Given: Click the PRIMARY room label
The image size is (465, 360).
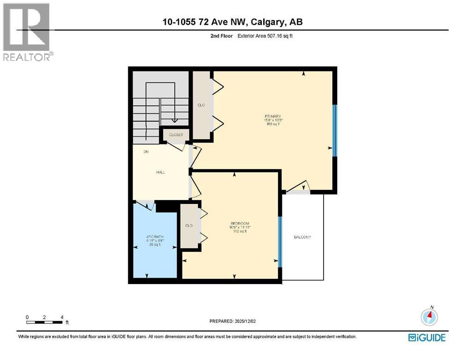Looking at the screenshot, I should [x=272, y=116].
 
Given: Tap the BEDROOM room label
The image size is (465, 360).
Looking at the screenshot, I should [x=239, y=223].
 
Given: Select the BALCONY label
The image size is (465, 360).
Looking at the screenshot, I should [x=302, y=237].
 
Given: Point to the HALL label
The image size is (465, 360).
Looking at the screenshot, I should [x=161, y=172].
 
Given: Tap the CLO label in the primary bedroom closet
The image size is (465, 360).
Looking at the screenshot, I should [x=202, y=105].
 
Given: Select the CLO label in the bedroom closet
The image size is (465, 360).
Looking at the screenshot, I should [x=189, y=225].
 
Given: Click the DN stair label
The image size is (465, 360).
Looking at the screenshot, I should [x=146, y=152].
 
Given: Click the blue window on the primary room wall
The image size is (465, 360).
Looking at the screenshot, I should [x=334, y=130].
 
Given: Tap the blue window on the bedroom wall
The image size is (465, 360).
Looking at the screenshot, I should [x=280, y=241].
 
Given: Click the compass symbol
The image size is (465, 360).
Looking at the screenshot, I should [x=429, y=317].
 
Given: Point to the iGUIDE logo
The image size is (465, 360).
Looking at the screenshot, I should [x=427, y=337].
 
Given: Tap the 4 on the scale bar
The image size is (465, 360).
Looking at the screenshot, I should [x=62, y=317].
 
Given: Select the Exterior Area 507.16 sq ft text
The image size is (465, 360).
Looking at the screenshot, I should [x=268, y=36].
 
